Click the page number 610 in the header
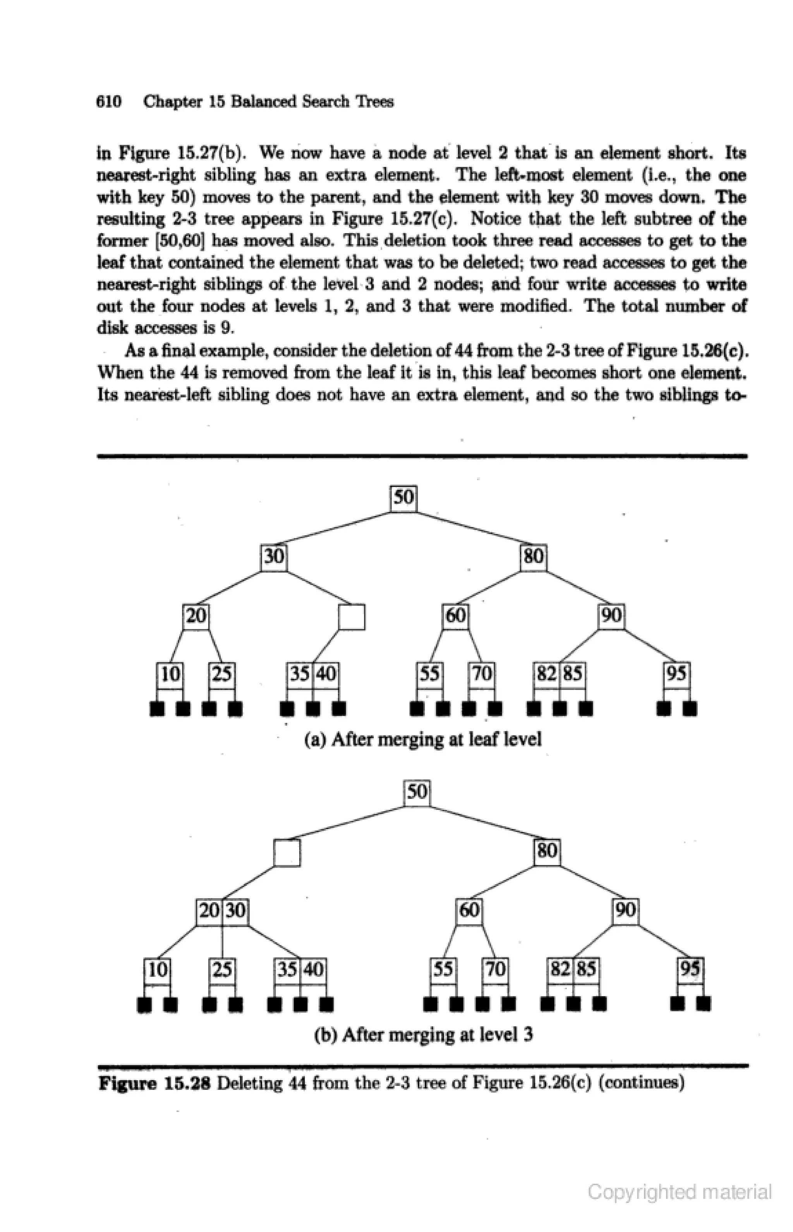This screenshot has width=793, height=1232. click(109, 101)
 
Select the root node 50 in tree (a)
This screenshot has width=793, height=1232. click(403, 498)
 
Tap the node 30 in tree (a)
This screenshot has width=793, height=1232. click(274, 557)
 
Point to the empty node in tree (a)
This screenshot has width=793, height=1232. click(352, 617)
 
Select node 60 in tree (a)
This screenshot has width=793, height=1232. click(456, 616)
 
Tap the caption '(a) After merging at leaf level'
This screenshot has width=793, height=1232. click(423, 740)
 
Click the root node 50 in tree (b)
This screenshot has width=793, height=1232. click(417, 794)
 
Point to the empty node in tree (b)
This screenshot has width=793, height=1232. click(287, 853)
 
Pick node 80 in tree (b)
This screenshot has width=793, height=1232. click(547, 852)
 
